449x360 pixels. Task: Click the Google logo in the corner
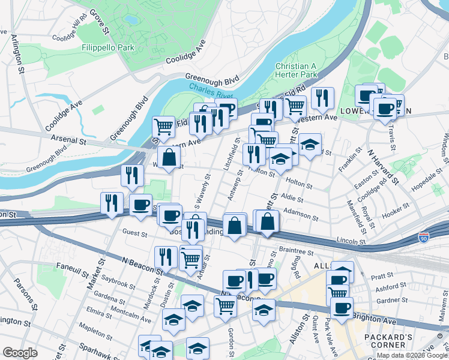20,353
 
